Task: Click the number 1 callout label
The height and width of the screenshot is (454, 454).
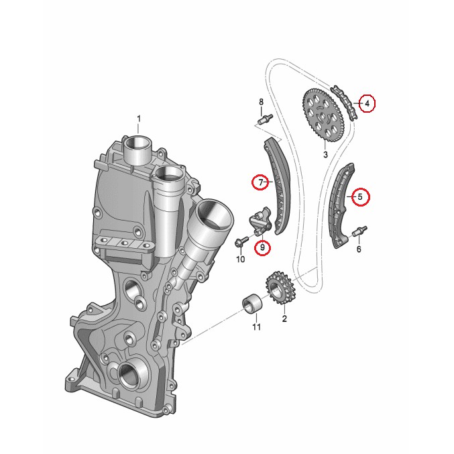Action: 139,119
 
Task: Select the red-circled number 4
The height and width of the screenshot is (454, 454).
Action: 367,103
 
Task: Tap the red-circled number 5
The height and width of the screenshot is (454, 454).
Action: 360,197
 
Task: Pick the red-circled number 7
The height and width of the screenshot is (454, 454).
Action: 260,182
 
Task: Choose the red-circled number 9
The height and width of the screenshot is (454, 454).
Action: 263,247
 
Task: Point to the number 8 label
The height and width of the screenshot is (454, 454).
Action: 262,102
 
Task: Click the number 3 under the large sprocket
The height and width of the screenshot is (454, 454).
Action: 325,155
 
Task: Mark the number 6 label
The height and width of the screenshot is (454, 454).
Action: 359,249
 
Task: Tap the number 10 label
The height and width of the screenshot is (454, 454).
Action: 240,259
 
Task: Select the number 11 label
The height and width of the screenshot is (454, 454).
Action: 257,327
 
